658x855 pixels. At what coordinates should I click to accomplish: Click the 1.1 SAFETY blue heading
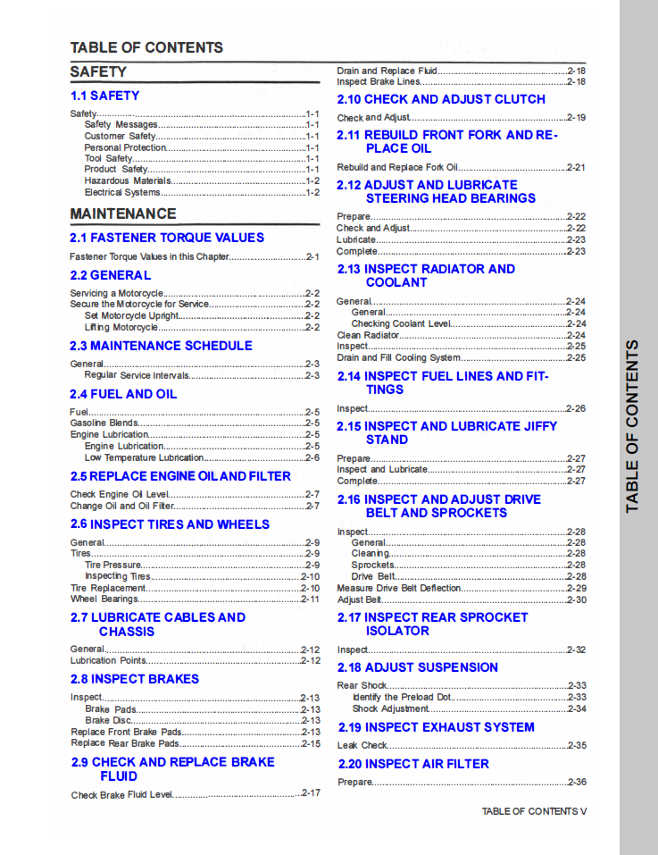pos(104,96)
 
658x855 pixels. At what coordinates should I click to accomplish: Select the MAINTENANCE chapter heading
pos(123,214)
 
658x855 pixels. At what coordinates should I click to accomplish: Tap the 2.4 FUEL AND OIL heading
pos(123,394)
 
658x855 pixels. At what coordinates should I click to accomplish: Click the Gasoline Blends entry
pos(104,423)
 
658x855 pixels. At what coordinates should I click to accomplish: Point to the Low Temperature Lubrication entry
pos(144,457)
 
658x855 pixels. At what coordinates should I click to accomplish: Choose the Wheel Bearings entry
pos(104,599)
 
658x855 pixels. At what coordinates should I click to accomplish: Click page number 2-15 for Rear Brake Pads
pos(311,743)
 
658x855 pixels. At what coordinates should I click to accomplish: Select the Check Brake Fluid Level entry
pos(121,794)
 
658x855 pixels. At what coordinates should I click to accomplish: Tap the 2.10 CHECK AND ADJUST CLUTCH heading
pos(441,99)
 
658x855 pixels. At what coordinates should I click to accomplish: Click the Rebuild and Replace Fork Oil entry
pos(397,167)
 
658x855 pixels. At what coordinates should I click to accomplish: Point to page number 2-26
pos(576,408)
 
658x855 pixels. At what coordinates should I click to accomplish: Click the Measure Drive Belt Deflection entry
pos(399,589)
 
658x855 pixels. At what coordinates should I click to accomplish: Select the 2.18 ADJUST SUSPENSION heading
pos(417,667)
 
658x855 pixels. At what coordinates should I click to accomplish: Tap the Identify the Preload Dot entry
pos(403,697)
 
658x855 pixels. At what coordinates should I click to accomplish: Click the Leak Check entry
pos(362,745)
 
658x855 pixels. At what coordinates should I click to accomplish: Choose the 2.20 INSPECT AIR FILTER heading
pos(413,764)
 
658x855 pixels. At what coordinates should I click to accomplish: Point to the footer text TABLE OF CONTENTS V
pos(534,811)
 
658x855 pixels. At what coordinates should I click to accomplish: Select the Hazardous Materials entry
pos(128,180)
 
